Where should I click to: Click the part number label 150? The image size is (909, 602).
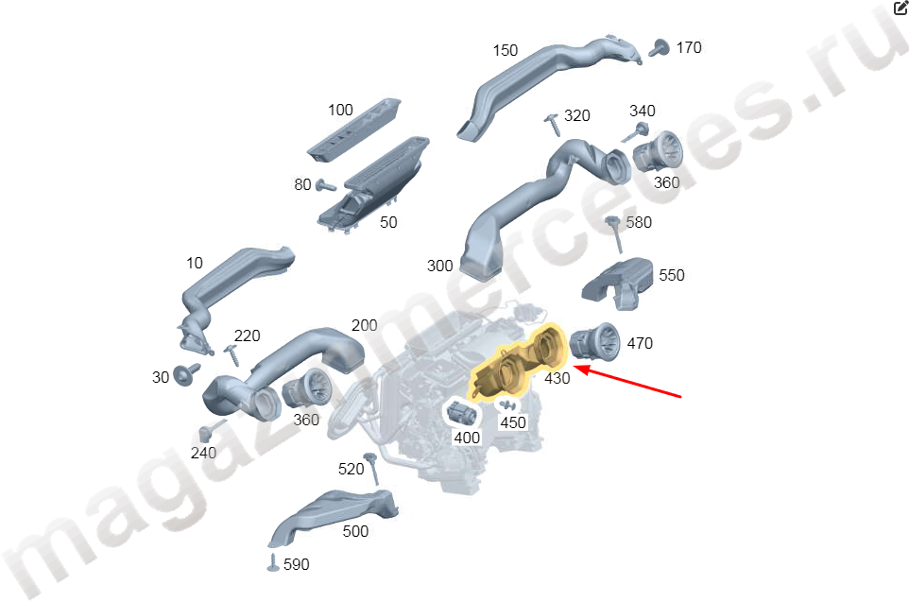click(x=505, y=50)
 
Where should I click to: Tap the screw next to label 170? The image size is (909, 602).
click(x=659, y=48)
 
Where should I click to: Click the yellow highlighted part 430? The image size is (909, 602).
click(x=517, y=364)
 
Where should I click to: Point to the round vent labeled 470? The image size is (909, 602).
click(x=594, y=342)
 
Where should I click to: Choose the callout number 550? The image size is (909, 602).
click(x=671, y=275)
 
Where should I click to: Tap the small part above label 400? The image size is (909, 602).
click(x=462, y=414)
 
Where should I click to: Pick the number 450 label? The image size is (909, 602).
click(x=513, y=422)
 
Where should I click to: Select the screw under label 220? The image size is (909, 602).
click(x=232, y=354)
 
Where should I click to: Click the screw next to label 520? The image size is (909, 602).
click(x=371, y=469)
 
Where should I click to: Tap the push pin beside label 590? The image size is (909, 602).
click(x=273, y=562)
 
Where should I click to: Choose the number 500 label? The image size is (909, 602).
click(x=355, y=531)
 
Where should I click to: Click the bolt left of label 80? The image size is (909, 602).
click(x=325, y=185)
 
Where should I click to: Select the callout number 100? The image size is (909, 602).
click(x=340, y=110)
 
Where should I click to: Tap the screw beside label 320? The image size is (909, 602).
click(x=553, y=125)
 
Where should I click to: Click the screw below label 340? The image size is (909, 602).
click(x=635, y=133)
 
